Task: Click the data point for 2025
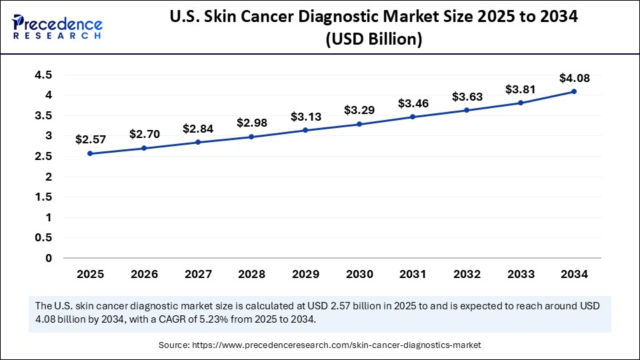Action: pyautogui.click(x=90, y=153)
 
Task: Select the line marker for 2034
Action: pyautogui.click(x=574, y=91)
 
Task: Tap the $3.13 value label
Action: pyautogui.click(x=305, y=117)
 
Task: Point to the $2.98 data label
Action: pyautogui.click(x=251, y=123)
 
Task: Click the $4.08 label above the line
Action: pyautogui.click(x=574, y=78)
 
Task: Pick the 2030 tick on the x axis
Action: pyautogui.click(x=359, y=274)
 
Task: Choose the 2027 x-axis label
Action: pyautogui.click(x=197, y=274)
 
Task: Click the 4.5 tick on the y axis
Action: pyautogui.click(x=43, y=75)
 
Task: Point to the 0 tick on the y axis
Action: pyautogui.click(x=49, y=258)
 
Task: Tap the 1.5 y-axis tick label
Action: pyautogui.click(x=43, y=197)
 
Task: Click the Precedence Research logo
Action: pyautogui.click(x=57, y=27)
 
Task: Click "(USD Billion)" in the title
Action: pyautogui.click(x=373, y=40)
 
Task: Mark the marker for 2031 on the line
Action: pyautogui.click(x=413, y=117)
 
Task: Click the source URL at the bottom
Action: pyautogui.click(x=336, y=345)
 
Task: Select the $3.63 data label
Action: pyautogui.click(x=467, y=97)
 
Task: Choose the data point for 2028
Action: pyautogui.click(x=251, y=137)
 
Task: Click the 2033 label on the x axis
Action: pyautogui.click(x=520, y=274)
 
